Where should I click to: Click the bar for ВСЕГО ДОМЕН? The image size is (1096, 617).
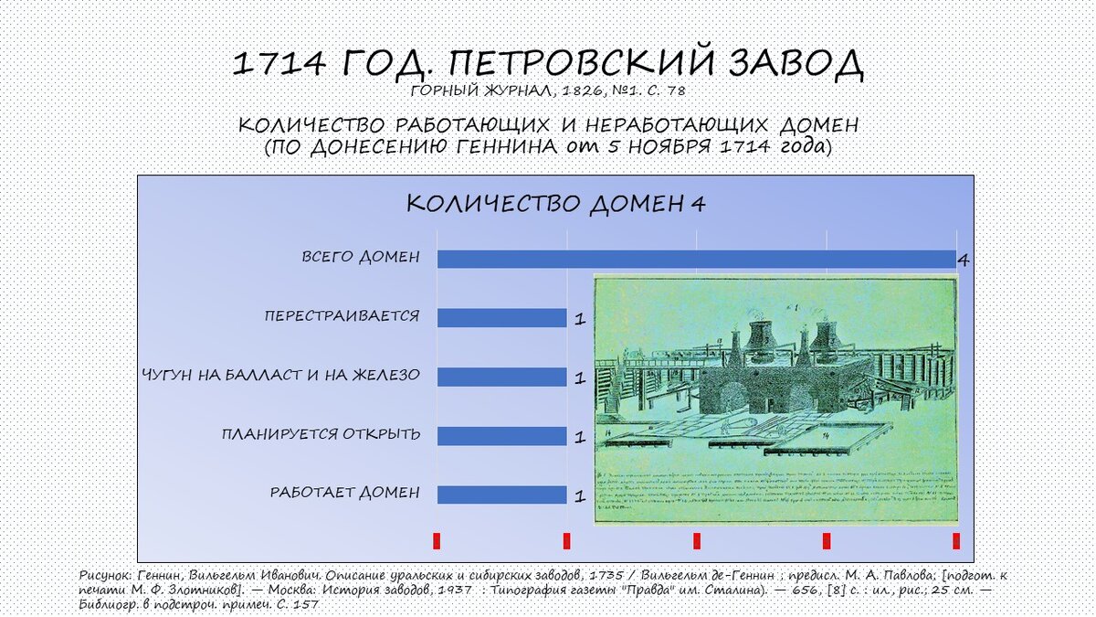click(694, 259)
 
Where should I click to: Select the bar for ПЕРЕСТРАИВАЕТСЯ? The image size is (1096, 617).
click(501, 317)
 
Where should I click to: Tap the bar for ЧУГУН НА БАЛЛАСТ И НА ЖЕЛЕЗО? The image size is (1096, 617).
click(501, 377)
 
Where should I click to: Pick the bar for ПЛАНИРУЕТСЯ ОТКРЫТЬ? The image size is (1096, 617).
click(501, 435)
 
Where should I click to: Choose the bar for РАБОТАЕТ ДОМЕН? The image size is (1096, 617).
click(501, 495)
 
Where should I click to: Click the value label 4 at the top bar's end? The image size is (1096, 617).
click(963, 261)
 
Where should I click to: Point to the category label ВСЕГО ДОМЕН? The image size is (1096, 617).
click(361, 257)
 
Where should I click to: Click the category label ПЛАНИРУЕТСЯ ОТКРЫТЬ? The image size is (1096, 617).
click(321, 433)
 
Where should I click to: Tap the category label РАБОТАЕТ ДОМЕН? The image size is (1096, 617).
click(345, 493)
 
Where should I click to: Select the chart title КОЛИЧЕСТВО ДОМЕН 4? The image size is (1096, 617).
click(555, 203)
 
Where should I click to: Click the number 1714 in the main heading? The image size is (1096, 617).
click(279, 63)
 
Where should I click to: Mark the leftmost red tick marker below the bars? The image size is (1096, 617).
click(437, 540)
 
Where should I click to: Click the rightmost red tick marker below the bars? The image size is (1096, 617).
click(956, 540)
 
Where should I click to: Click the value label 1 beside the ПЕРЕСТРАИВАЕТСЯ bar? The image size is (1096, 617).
click(579, 320)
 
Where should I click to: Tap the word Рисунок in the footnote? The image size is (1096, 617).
click(105, 578)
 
